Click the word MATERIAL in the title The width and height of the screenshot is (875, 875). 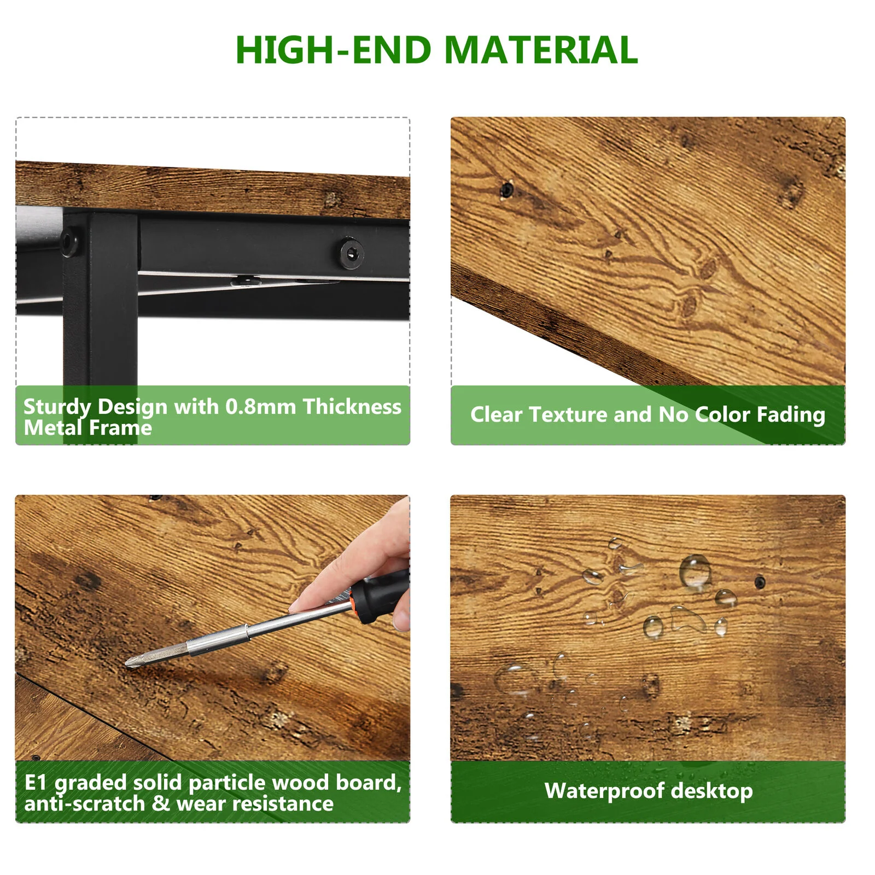[541, 50]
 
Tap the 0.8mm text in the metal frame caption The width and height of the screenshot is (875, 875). [261, 407]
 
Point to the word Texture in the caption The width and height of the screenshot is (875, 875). [568, 415]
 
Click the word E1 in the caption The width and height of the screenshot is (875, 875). [36, 783]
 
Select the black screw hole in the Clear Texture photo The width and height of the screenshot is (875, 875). [506, 190]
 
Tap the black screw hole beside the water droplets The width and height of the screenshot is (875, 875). [760, 582]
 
